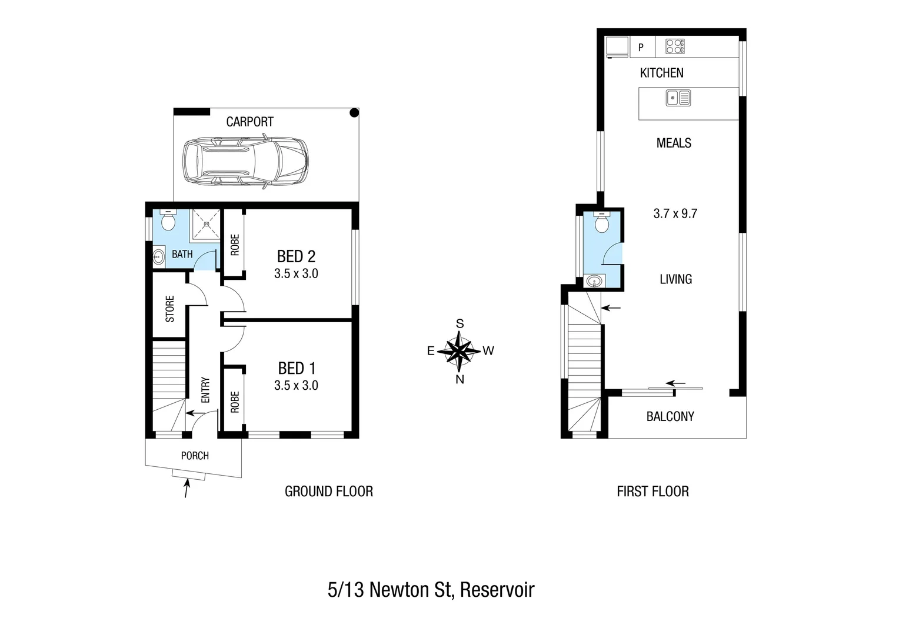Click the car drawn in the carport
(x=245, y=162)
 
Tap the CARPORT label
(x=249, y=122)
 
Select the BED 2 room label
(x=296, y=256)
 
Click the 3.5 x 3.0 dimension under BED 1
(x=296, y=386)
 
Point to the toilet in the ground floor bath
(x=168, y=220)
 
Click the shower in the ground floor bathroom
(x=205, y=224)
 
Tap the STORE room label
(x=170, y=309)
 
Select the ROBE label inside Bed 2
(x=235, y=245)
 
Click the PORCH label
(x=195, y=456)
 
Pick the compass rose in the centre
(x=460, y=351)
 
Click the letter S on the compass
(x=460, y=324)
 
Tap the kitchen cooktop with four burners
(x=675, y=46)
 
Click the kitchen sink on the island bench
(x=678, y=98)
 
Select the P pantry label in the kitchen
(x=641, y=48)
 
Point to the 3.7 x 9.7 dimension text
(x=675, y=213)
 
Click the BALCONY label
(x=670, y=416)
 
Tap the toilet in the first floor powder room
(x=601, y=223)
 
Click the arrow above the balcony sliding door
(x=676, y=383)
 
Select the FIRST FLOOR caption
(x=652, y=492)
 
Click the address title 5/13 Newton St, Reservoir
(x=431, y=590)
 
